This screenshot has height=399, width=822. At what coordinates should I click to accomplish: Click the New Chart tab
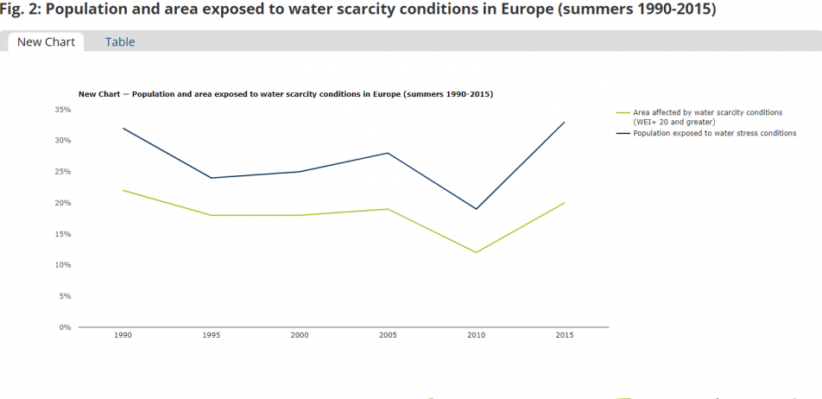click(46, 41)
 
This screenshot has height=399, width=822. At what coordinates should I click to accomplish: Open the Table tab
click(120, 41)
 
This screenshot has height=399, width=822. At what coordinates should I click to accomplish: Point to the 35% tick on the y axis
click(63, 110)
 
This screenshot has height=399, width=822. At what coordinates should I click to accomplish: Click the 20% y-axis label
click(63, 203)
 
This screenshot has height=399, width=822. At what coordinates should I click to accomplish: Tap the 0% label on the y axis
click(65, 327)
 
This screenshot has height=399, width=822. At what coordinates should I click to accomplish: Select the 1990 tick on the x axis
click(123, 335)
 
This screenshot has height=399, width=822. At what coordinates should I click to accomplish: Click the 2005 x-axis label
click(388, 335)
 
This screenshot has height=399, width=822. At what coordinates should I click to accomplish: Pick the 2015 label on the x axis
click(565, 335)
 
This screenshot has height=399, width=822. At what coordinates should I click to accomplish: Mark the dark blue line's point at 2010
click(477, 209)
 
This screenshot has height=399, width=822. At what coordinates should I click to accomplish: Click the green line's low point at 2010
click(477, 252)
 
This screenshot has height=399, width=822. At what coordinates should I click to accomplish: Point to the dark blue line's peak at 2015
click(565, 122)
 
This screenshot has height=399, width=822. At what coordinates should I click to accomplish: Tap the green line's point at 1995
click(211, 215)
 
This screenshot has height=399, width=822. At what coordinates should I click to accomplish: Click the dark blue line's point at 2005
click(388, 153)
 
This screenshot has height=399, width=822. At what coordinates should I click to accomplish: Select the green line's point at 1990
click(123, 190)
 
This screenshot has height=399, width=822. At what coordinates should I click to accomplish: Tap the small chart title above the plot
click(285, 93)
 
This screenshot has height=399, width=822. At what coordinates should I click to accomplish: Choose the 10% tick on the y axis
click(63, 265)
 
